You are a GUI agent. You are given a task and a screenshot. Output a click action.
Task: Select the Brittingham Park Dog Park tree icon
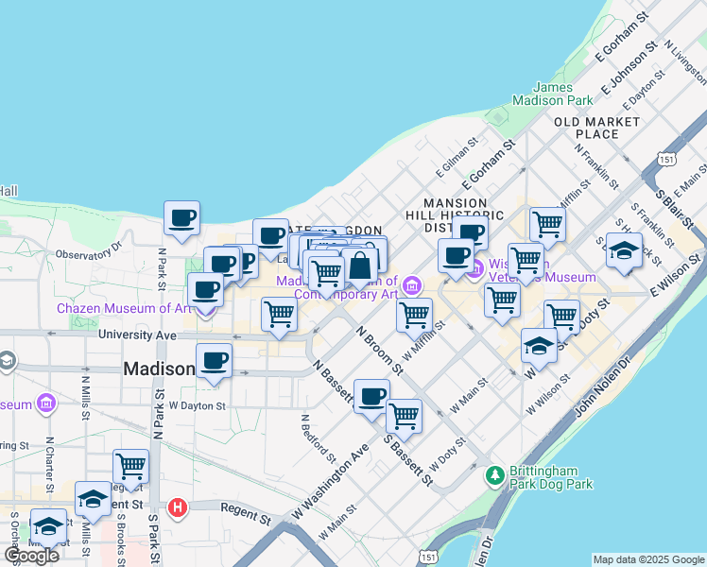(x=494, y=475)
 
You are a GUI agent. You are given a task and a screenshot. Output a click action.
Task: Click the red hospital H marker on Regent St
(x=177, y=508)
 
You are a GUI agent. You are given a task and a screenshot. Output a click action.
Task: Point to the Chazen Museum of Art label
(x=124, y=308)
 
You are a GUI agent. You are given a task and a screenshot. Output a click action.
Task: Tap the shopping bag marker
(x=360, y=266)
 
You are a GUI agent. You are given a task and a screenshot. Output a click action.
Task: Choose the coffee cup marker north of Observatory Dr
(x=182, y=218)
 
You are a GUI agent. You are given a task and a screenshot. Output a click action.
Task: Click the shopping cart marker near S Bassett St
(x=404, y=414)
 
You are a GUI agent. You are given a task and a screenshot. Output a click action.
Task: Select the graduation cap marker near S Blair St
(x=624, y=250)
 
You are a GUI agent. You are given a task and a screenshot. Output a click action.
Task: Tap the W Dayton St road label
(x=197, y=405)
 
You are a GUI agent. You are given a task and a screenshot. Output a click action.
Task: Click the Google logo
(x=31, y=556)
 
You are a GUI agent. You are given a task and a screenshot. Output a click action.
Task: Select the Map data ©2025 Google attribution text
(x=647, y=559)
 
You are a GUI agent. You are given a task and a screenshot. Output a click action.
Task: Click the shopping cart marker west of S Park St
(x=130, y=466)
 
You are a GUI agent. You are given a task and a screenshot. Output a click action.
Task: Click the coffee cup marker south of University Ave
(x=214, y=360)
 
